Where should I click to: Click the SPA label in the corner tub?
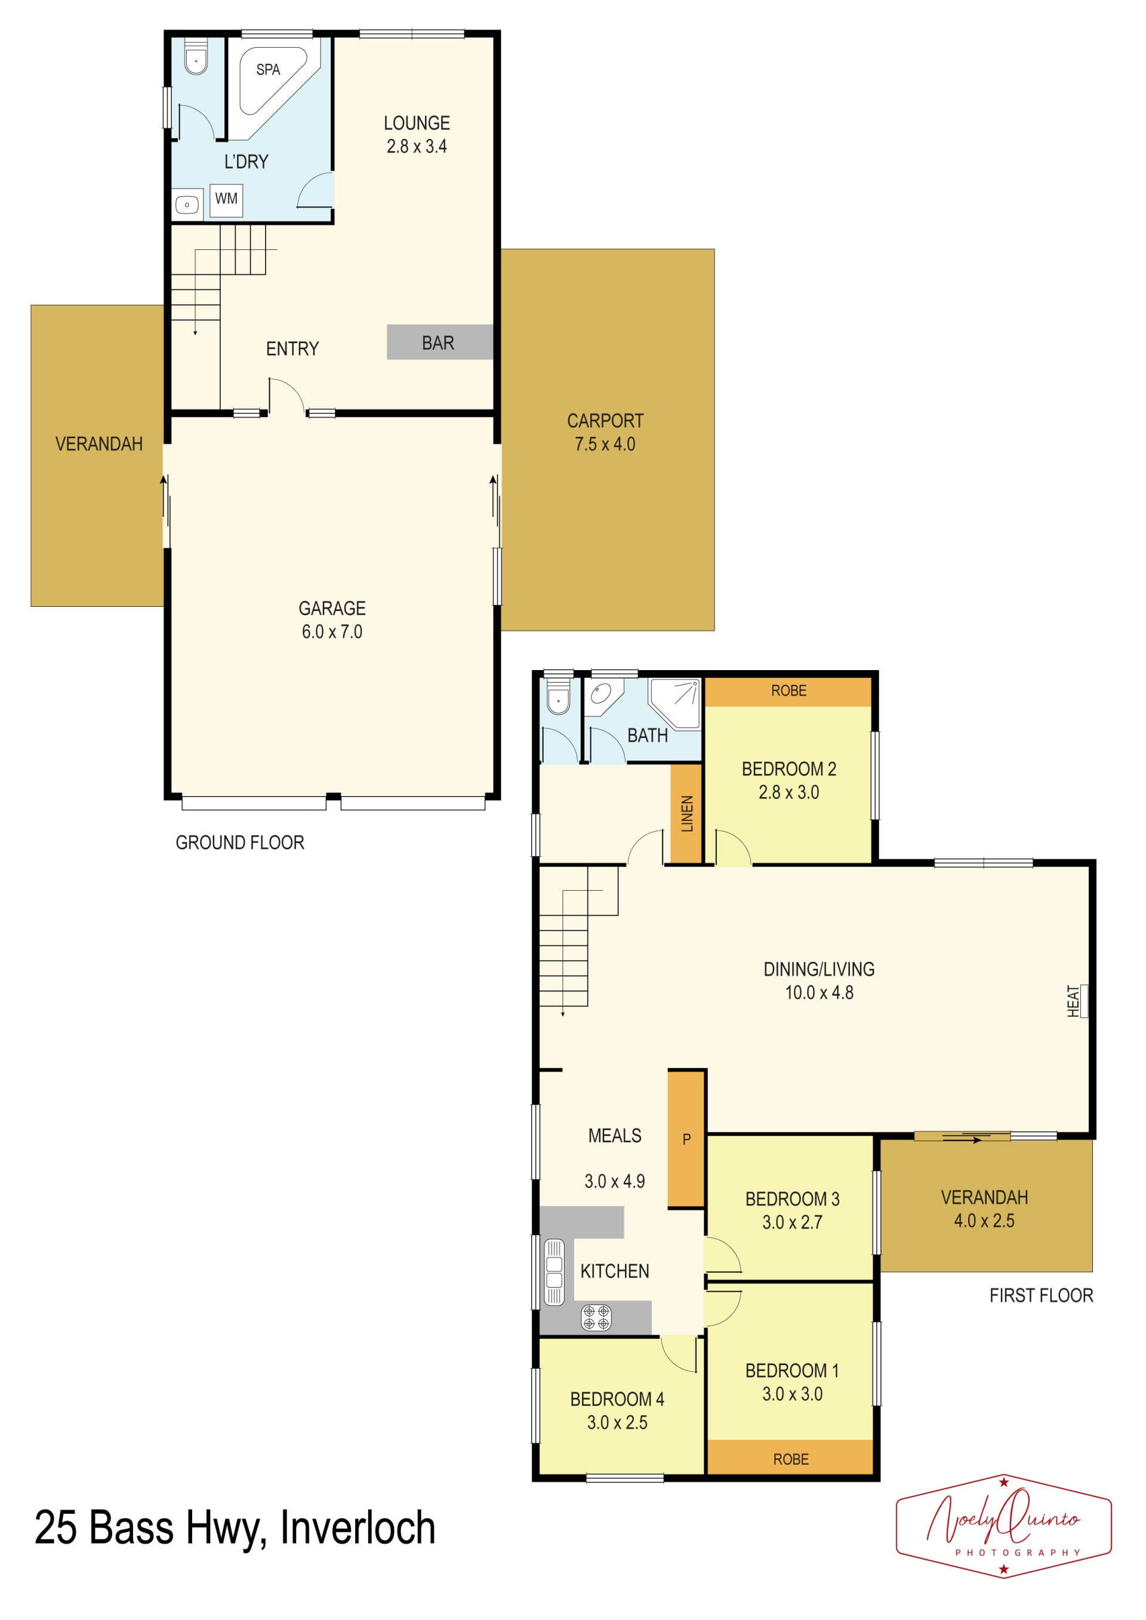point(268,69)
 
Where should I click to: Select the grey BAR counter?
point(440,342)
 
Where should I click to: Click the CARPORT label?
point(605,421)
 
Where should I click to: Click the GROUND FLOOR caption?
point(240,843)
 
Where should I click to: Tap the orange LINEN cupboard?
point(686,814)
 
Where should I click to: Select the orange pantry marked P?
point(686,1140)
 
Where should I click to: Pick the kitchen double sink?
point(554,1272)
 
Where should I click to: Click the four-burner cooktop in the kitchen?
point(596,1317)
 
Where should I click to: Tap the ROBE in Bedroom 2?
point(788,692)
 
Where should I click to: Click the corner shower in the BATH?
point(674,703)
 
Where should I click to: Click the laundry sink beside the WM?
point(187,205)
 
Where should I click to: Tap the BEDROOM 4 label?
point(617,1399)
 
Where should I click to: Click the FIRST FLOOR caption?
point(1041,1295)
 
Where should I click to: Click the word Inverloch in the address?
point(358,1528)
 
